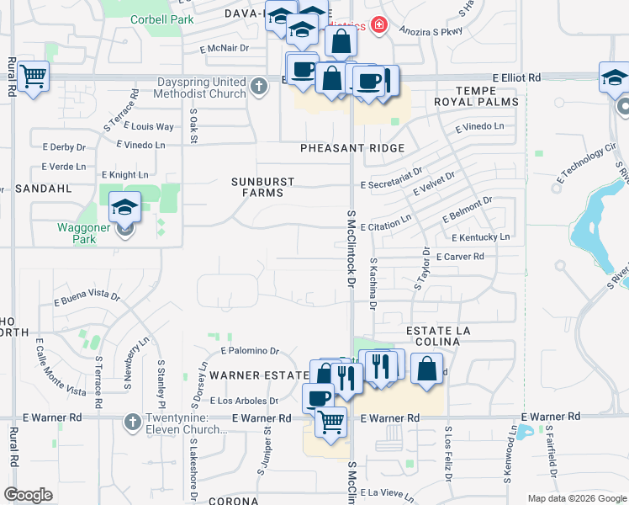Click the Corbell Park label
pyautogui.click(x=161, y=19)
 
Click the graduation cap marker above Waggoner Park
pyautogui.click(x=124, y=207)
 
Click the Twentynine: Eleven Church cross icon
pyautogui.click(x=131, y=422)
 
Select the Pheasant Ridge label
pyautogui.click(x=353, y=148)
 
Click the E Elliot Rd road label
pyautogui.click(x=515, y=77)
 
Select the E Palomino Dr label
pyautogui.click(x=249, y=350)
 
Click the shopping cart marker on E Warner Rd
pyautogui.click(x=331, y=421)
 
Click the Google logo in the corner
pyautogui.click(x=28, y=494)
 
